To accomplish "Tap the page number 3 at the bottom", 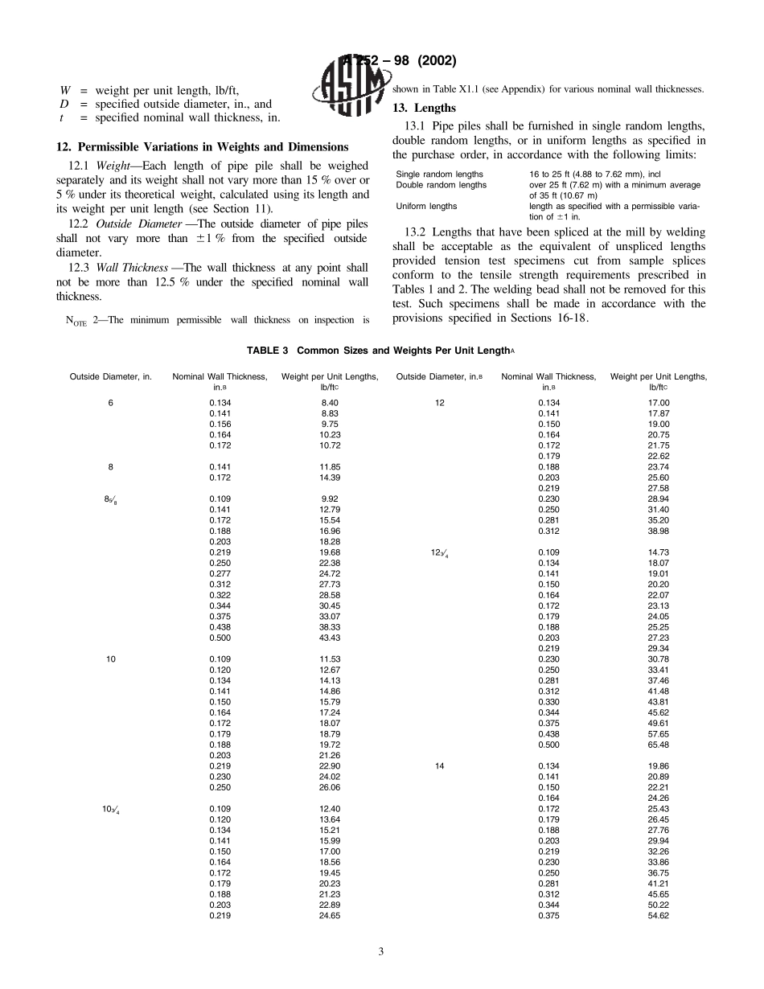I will [381, 952].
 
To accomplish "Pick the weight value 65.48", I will [658, 745].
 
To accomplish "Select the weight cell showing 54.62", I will [658, 916].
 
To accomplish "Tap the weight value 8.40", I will [329, 403].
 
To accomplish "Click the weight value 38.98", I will [658, 531].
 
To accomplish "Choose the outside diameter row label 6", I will [111, 403].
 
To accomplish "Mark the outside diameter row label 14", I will [440, 766].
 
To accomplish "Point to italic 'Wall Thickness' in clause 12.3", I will [132, 267].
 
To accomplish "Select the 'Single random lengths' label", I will [440, 174].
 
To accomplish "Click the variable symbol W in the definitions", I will [64, 90].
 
